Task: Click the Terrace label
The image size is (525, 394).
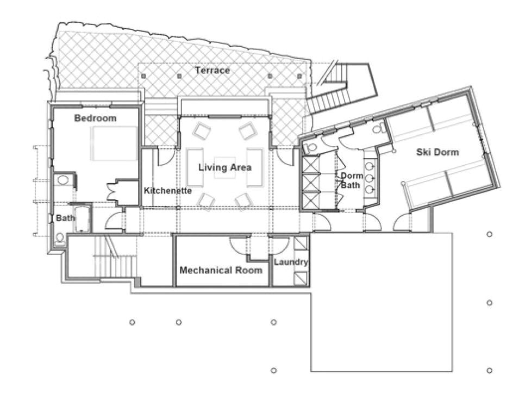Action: [x=212, y=71]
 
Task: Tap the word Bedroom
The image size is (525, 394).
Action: [x=95, y=118]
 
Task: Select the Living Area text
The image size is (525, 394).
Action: [x=224, y=167]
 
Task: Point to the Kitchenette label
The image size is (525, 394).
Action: [x=167, y=191]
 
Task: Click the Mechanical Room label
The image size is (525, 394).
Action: [x=221, y=270]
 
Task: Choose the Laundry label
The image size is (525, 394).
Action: [x=291, y=262]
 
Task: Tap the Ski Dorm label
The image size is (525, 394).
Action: [x=437, y=152]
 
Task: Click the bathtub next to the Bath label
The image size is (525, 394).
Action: [x=82, y=219]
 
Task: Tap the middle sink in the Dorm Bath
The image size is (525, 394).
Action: [x=370, y=177]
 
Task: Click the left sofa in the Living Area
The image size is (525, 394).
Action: [x=192, y=167]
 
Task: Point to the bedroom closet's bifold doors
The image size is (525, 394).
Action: [x=115, y=190]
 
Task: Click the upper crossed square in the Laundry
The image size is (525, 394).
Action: [x=301, y=243]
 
